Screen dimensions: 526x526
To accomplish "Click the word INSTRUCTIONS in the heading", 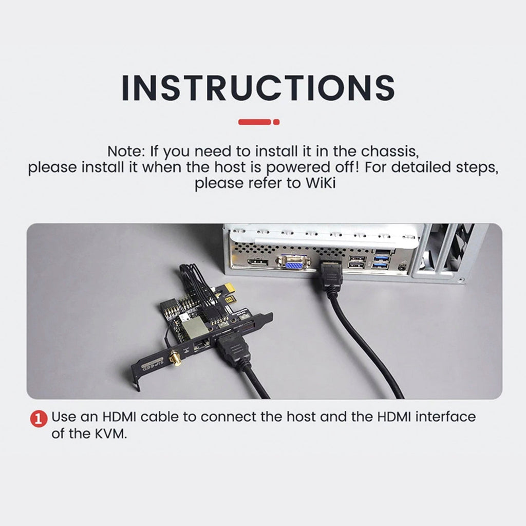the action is click(258, 87).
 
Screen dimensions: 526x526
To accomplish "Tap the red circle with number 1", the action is click(39, 419).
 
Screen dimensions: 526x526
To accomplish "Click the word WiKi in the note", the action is click(321, 183).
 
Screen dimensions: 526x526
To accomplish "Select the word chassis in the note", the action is click(390, 152).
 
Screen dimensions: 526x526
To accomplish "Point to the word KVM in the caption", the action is click(110, 434).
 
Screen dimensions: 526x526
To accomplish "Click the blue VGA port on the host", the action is click(293, 262).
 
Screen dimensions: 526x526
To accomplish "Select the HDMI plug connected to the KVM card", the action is click(233, 349).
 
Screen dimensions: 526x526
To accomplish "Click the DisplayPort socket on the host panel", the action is click(258, 262).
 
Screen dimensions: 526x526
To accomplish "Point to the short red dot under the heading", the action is click(276, 122).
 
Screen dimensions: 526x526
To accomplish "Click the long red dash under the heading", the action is click(255, 122).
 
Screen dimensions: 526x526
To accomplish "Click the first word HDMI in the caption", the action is click(119, 417).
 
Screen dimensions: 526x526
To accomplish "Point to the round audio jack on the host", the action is click(401, 267).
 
